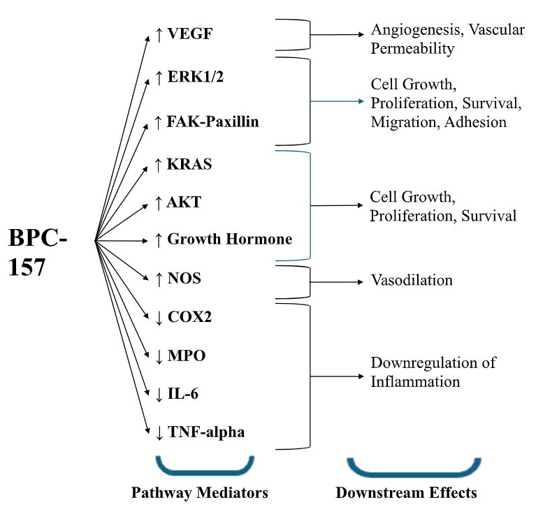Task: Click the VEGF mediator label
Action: point(189,34)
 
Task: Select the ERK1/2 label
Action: point(195,77)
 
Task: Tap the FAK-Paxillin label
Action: point(212,122)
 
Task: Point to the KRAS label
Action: point(189,164)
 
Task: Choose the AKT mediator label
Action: point(184,203)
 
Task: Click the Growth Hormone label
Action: point(229,239)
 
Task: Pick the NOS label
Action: point(184,279)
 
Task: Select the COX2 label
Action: point(189,317)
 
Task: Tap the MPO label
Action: point(187,355)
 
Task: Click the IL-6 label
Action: point(182,394)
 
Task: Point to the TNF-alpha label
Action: point(205,432)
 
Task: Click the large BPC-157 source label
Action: point(38,252)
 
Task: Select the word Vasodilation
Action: point(412,280)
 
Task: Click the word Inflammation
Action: point(415,382)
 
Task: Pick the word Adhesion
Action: point(475,122)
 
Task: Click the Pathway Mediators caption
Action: point(200,493)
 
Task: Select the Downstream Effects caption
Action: point(406,493)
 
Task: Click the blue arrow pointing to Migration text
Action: point(337,101)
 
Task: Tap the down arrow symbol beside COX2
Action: point(159,318)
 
